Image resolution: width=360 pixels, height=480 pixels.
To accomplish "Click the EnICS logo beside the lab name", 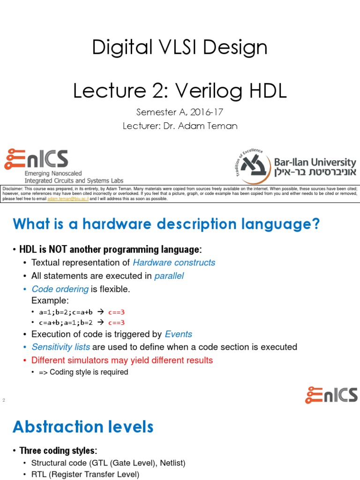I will point(36,160).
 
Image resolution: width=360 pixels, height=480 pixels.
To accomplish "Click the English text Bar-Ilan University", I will point(315,162).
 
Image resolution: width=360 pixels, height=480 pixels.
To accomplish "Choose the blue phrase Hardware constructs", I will point(174,262).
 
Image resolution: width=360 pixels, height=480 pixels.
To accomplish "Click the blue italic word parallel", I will point(169,276).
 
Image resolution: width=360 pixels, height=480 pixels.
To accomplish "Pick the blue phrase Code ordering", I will point(60,289).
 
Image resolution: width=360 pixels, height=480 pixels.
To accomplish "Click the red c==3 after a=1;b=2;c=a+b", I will point(116,312).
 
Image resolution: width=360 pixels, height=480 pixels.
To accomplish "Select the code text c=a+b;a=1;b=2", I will point(66,322).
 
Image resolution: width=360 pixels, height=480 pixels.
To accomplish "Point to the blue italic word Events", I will point(179,334).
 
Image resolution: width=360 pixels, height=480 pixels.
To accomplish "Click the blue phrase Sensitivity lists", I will point(60,347).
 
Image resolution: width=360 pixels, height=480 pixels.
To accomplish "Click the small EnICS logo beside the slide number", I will point(331,395).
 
